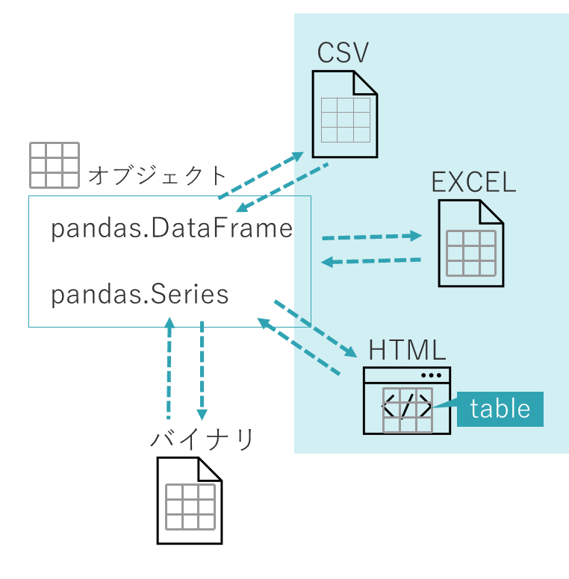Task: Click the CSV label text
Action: coord(343,53)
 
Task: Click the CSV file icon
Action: coord(344,113)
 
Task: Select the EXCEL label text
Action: coord(473,182)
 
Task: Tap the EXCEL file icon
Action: coord(470,243)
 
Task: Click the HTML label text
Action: coord(407,350)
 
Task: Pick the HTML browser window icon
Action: coord(407,400)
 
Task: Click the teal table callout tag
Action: coord(500,409)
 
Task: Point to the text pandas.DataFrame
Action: coord(172,229)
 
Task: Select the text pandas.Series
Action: coord(140,295)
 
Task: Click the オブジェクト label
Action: coord(157,176)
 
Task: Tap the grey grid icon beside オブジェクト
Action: coord(54,165)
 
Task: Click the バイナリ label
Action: coord(202,439)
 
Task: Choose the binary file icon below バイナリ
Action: coord(190,500)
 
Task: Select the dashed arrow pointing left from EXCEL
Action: coord(371,260)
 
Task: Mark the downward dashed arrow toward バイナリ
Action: coord(202,369)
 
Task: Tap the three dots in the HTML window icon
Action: coord(432,375)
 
